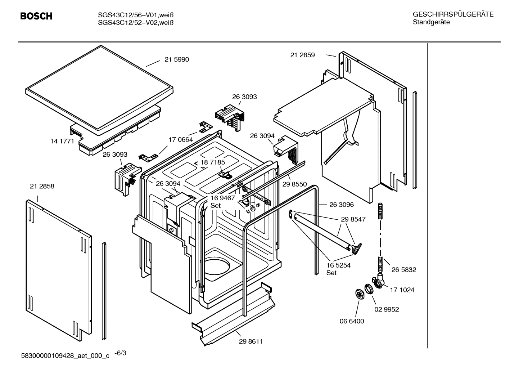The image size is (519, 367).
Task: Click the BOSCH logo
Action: pyautogui.click(x=36, y=16)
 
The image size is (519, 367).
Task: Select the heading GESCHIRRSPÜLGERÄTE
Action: pyautogui.click(x=453, y=14)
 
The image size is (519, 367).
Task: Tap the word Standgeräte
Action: pyautogui.click(x=431, y=22)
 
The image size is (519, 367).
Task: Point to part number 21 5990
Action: pyautogui.click(x=176, y=59)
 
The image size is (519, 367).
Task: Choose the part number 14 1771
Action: pyautogui.click(x=62, y=141)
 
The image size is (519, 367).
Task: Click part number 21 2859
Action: pyautogui.click(x=302, y=55)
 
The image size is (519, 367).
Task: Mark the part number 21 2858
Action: pyautogui.click(x=42, y=186)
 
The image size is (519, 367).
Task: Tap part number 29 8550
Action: pyautogui.click(x=294, y=184)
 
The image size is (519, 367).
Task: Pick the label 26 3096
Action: pyautogui.click(x=341, y=205)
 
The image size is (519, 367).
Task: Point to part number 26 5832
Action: pyautogui.click(x=404, y=269)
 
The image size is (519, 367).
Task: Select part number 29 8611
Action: pyautogui.click(x=251, y=341)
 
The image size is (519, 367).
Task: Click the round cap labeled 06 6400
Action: pyautogui.click(x=359, y=294)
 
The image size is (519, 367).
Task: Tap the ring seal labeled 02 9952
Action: pyautogui.click(x=369, y=289)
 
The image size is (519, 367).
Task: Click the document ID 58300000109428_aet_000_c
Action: pyautogui.click(x=65, y=356)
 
